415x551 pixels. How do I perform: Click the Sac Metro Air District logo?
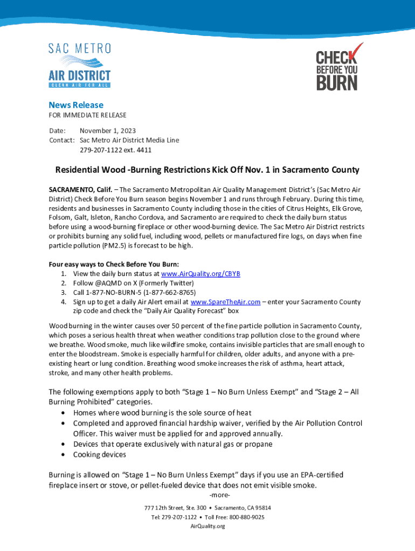tap(80, 65)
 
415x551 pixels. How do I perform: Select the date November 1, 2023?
tap(108, 131)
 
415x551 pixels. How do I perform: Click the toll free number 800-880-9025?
tap(246, 517)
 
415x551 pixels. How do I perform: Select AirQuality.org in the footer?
tap(207, 526)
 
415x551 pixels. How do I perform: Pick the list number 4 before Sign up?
tap(64, 302)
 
